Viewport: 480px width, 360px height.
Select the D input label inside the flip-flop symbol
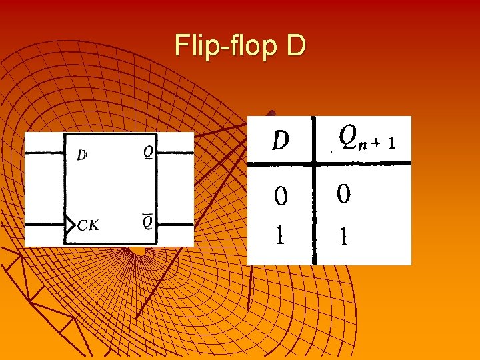coord(81,155)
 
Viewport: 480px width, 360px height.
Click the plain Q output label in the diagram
coord(149,153)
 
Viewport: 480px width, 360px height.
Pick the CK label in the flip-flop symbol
coord(88,225)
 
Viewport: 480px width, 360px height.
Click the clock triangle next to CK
coord(69,225)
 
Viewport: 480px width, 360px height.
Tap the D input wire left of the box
coord(44,153)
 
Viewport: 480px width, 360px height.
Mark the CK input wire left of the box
coord(44,225)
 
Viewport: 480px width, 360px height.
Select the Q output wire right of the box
coord(177,153)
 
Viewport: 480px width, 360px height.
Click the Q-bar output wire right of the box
coord(177,225)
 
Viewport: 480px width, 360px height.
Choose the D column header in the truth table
coord(281,139)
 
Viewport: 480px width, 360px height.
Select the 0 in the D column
coord(281,196)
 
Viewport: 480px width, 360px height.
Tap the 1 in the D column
coord(281,235)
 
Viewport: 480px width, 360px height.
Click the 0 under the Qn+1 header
coord(344,194)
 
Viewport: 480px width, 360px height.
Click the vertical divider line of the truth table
coord(314,213)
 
